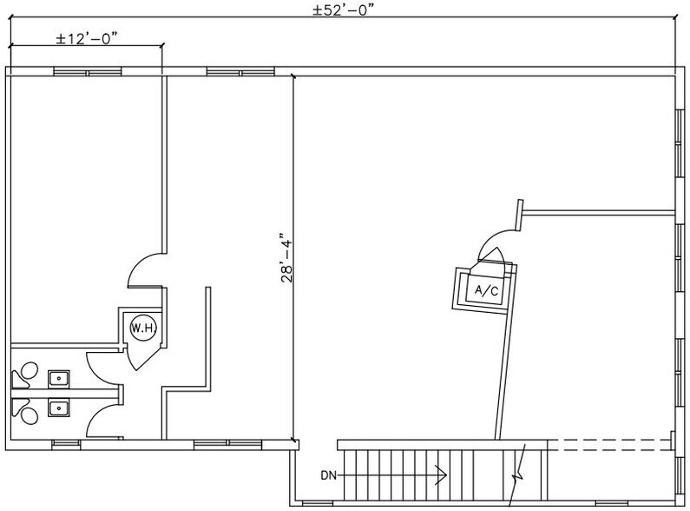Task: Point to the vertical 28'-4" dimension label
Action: pos(286,258)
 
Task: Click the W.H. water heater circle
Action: pos(140,328)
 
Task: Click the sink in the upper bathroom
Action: pos(59,377)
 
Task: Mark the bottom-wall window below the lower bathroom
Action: pos(64,444)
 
